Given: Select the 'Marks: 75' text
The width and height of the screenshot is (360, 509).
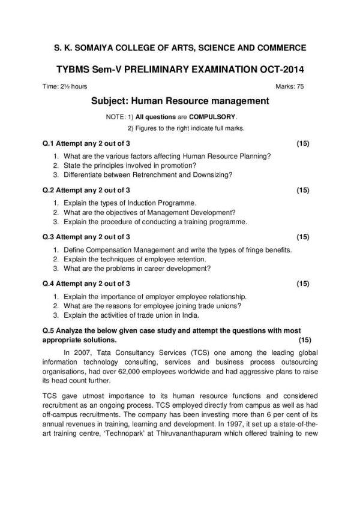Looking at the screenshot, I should coord(290,86).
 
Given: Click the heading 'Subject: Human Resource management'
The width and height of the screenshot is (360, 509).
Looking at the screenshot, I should coord(179,101).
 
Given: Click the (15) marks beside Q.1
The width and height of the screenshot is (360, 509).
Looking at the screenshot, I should coord(303,144).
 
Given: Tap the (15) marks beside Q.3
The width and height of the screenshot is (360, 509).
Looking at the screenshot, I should coord(303,237).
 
